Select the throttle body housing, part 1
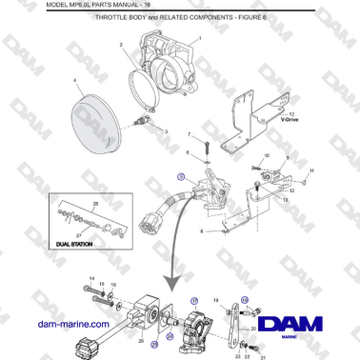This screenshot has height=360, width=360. [x=169, y=63]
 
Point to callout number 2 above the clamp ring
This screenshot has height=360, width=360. [x=121, y=45]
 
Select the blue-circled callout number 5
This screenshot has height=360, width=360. [x=181, y=177]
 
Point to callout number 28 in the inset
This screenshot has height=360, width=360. [x=95, y=204]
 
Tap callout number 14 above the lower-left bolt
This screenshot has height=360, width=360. [x=92, y=278]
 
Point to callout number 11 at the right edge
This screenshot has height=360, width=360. [x=310, y=170]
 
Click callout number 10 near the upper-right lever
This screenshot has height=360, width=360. [x=266, y=154]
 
